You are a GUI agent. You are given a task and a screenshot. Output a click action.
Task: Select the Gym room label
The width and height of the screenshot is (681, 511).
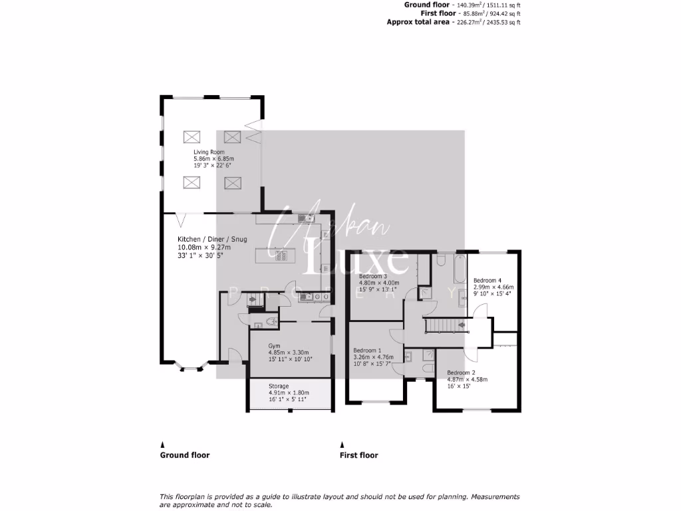tap(274, 346)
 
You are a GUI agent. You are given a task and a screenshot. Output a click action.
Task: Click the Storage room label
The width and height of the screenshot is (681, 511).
tap(279, 386)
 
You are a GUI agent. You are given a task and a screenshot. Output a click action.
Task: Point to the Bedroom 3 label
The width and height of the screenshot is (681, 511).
tap(373, 276)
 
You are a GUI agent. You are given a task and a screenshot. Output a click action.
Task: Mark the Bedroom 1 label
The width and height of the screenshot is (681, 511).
tap(367, 351)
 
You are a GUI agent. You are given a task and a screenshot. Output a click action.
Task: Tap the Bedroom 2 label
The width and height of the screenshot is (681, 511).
tap(461, 373)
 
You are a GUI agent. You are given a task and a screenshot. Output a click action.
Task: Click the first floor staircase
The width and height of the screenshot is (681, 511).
tap(447, 325)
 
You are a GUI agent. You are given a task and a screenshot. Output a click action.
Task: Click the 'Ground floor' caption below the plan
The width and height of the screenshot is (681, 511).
tap(185, 455)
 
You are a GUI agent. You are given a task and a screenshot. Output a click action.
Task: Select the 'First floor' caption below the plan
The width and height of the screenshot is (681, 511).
tap(358, 455)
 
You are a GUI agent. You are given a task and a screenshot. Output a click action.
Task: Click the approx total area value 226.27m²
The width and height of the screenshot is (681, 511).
tap(472, 22)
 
